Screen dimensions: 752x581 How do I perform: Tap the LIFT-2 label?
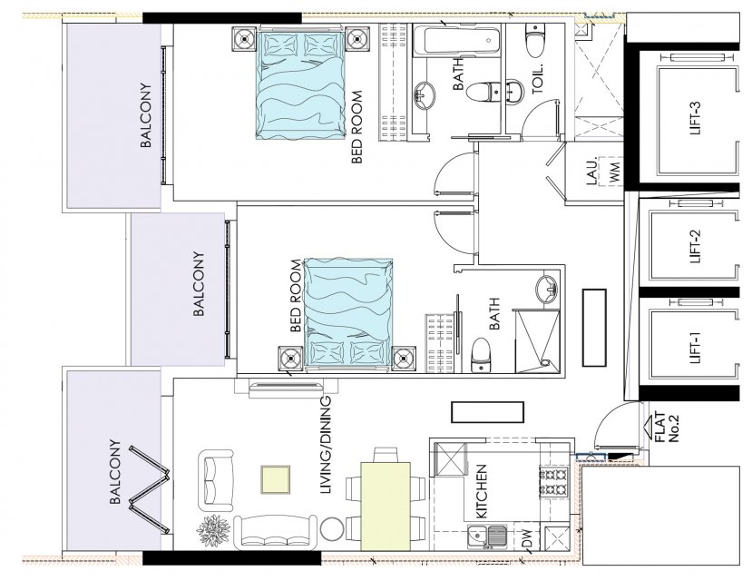point(697,246)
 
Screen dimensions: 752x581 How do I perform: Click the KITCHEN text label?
point(481,491)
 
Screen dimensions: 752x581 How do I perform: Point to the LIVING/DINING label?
point(326,445)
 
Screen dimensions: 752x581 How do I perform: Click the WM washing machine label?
point(615,172)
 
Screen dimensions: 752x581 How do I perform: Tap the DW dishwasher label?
point(527,537)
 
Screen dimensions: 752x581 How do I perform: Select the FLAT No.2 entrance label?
point(667,427)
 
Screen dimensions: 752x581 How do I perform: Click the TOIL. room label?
point(537,79)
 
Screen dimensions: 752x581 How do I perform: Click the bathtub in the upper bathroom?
point(455,41)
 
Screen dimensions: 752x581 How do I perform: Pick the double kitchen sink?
point(488,537)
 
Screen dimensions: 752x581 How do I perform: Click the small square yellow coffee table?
point(275,479)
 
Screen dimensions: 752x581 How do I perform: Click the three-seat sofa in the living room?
point(275,533)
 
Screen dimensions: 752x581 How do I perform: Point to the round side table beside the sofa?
point(331,529)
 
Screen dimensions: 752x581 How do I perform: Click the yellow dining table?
point(386,506)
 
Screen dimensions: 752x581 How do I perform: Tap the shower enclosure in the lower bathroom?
point(537,341)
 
